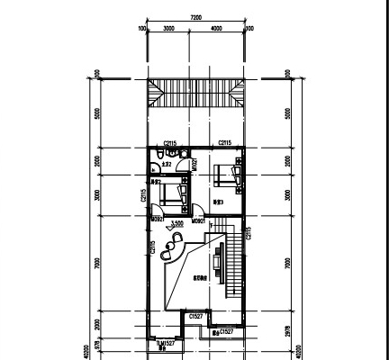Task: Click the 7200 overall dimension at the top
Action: click(x=195, y=17)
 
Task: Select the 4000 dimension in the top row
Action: click(x=216, y=29)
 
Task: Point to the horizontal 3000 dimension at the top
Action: click(x=168, y=29)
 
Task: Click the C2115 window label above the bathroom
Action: click(x=170, y=143)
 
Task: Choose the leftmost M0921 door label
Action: click(x=157, y=219)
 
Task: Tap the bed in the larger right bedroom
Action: click(x=227, y=173)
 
